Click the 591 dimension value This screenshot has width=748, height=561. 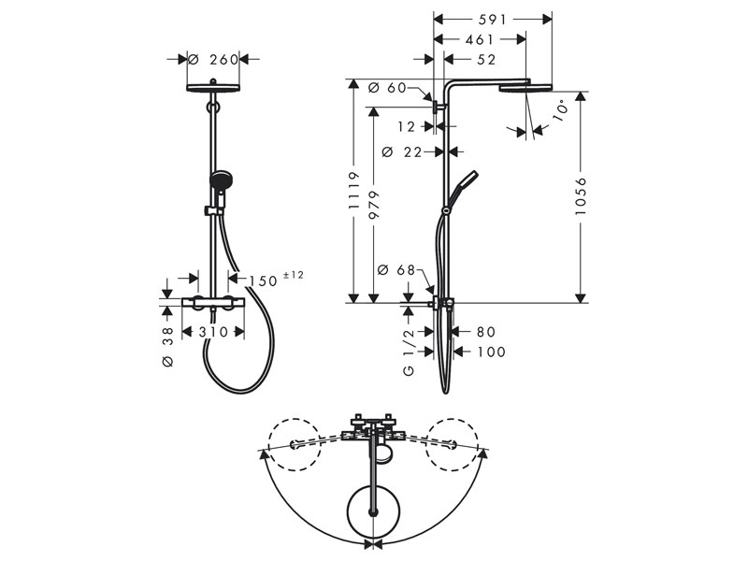492,19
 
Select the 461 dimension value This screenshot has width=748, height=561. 480,39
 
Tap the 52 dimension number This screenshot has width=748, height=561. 486,60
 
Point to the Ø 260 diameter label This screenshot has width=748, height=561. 213,60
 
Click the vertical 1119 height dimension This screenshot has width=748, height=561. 353,191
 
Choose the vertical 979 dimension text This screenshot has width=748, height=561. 373,205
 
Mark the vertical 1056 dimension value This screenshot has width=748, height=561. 580,196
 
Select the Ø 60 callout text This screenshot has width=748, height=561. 387,88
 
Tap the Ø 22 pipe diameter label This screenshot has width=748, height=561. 402,152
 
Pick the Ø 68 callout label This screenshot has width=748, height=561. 396,270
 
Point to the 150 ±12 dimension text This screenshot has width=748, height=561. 276,279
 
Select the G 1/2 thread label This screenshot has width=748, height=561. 409,352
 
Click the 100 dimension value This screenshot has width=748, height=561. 491,352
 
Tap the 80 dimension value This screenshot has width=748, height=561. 485,332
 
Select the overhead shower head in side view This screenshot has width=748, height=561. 525,87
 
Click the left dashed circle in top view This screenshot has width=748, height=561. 294,445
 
